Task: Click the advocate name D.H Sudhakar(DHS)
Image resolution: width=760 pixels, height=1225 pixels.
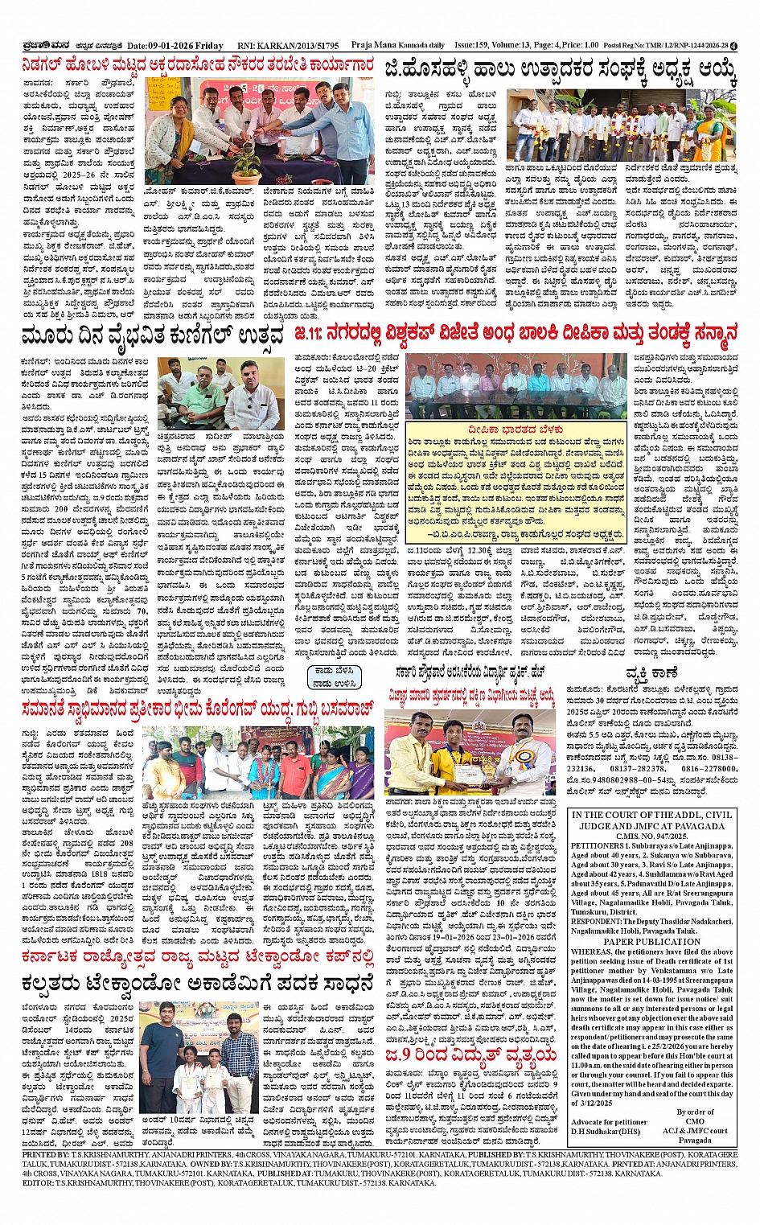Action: pyautogui.click(x=606, y=1131)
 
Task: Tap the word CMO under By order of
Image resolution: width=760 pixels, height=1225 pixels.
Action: pyautogui.click(x=695, y=1121)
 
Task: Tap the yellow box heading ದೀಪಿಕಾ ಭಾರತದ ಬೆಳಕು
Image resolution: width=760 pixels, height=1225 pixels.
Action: pyautogui.click(x=516, y=430)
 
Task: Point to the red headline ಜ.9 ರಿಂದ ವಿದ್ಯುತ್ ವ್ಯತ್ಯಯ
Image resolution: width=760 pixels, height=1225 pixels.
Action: pyautogui.click(x=470, y=1054)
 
